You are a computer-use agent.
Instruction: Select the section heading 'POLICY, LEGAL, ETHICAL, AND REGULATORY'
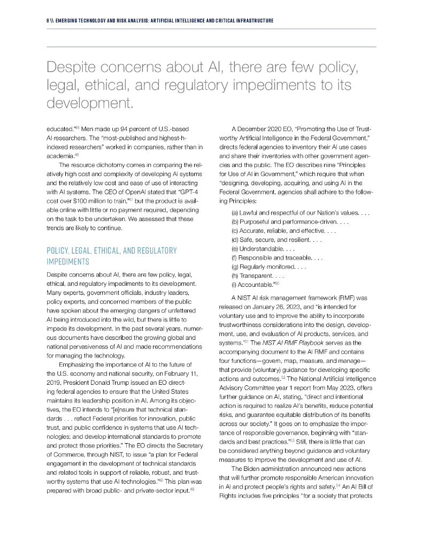(112, 250)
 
